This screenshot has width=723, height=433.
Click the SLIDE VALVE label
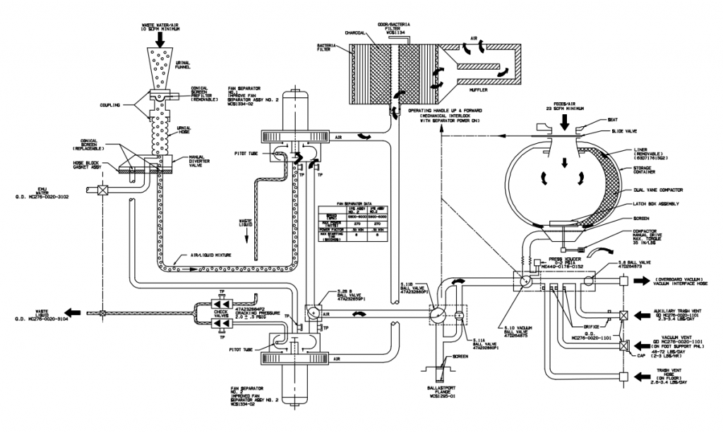pyautogui.click(x=621, y=131)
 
